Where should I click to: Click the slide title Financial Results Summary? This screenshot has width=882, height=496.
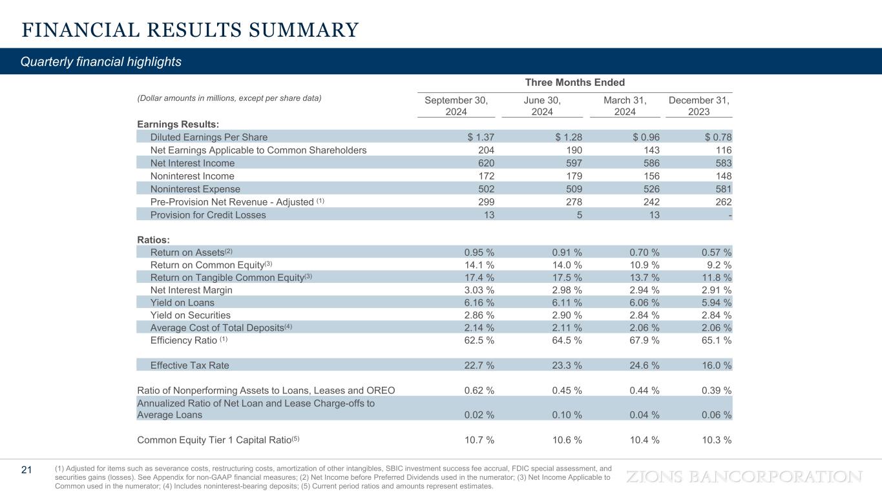[x=189, y=30]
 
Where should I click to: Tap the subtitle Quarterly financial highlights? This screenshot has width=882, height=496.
[x=101, y=62]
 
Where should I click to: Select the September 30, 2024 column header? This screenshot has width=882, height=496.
[x=456, y=106]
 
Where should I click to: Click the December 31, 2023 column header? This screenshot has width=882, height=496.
[x=698, y=106]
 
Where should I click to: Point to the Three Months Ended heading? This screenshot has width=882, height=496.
[x=574, y=83]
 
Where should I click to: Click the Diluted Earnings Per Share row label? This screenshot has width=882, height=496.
[x=209, y=137]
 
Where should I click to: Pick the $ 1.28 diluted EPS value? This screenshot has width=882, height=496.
[x=569, y=137]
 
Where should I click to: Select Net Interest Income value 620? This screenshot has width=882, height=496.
[x=485, y=163]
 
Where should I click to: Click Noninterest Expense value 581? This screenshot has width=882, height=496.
[x=723, y=189]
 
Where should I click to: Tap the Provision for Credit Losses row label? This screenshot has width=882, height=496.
[x=207, y=215]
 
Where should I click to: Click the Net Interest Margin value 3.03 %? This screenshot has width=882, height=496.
[x=479, y=290]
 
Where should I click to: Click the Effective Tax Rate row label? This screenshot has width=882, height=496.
[x=189, y=366]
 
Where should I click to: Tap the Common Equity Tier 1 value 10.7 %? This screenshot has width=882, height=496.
[x=479, y=440]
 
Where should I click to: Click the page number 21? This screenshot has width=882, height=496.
[x=26, y=470]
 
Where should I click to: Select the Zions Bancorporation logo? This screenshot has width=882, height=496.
[x=744, y=477]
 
